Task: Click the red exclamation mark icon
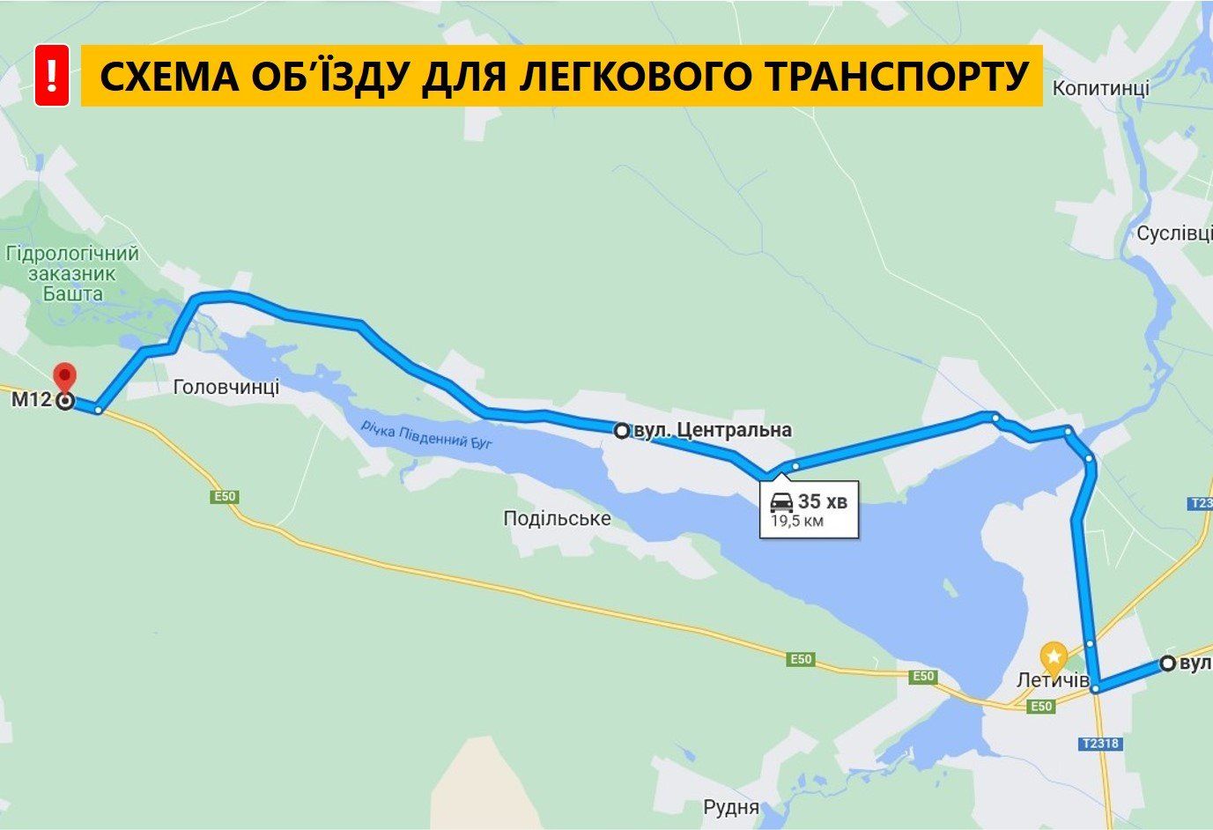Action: click(52, 76)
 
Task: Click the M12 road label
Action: click(31, 401)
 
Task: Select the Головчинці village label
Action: click(226, 387)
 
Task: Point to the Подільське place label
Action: click(557, 518)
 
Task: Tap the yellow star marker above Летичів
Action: click(1054, 656)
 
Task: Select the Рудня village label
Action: click(731, 807)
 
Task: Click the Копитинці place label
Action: click(1100, 88)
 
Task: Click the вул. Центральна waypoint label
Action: click(712, 430)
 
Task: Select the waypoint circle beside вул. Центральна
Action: click(622, 431)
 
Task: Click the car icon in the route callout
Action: click(781, 502)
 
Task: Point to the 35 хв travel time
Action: click(823, 502)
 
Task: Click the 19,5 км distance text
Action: click(797, 521)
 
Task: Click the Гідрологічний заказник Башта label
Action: click(72, 274)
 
